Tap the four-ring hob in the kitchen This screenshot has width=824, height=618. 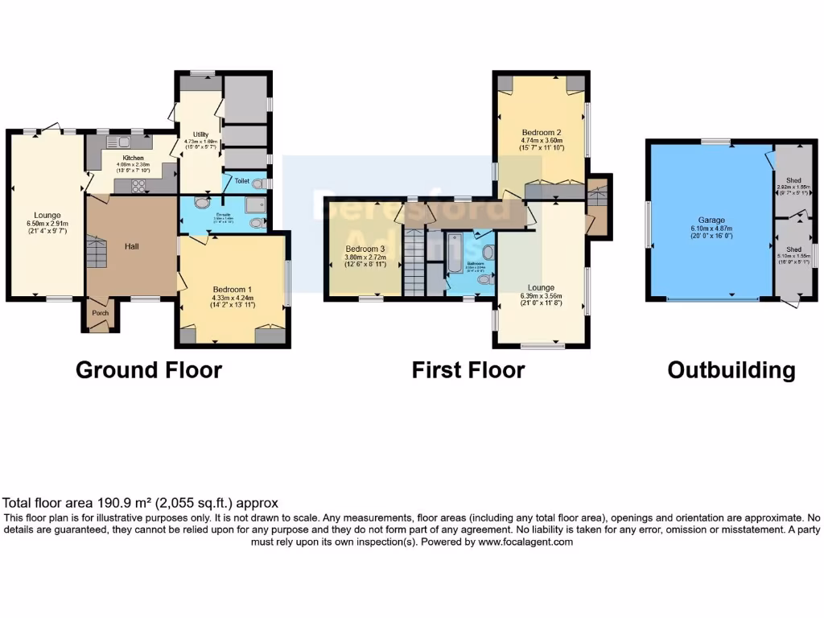point(138,186)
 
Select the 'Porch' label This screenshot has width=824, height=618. point(100,313)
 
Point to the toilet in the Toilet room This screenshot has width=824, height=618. point(257,183)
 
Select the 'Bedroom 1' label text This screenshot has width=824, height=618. point(233,289)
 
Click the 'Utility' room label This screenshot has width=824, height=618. point(200,134)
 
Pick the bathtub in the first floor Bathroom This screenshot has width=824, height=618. point(455,251)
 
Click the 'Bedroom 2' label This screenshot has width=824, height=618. point(541,132)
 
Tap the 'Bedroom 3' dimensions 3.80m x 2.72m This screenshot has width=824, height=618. point(366,257)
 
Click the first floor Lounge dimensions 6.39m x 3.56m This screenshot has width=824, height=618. point(541,296)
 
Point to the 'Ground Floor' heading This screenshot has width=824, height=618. point(149,370)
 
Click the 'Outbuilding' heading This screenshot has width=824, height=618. point(731,370)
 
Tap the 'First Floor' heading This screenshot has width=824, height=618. point(468,370)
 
